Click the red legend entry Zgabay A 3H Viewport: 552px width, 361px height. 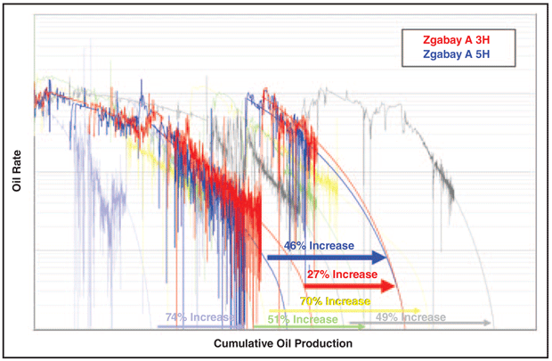[456, 39]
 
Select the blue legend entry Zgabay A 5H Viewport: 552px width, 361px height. [456, 54]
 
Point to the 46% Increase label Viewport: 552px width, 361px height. [319, 245]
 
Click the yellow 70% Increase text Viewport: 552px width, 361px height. [335, 301]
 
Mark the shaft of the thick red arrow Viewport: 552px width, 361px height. [338, 286]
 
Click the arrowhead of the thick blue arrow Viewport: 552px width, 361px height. [381, 258]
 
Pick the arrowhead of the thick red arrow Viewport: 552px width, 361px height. [387, 286]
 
